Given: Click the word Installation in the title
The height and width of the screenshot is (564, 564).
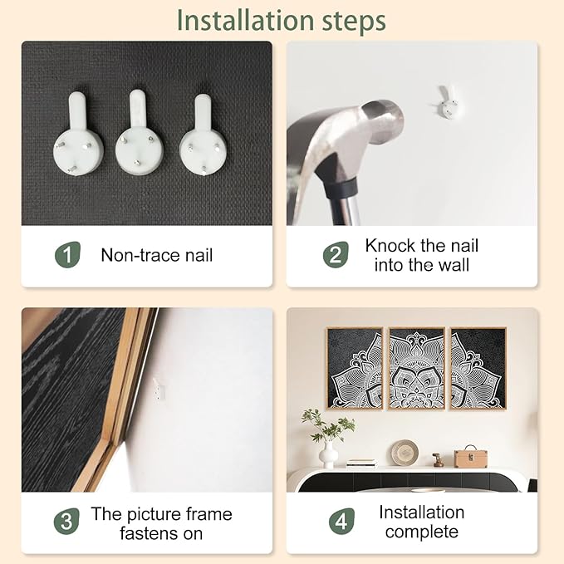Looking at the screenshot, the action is click(x=246, y=21).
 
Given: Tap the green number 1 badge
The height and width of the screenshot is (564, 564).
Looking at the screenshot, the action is click(x=67, y=255).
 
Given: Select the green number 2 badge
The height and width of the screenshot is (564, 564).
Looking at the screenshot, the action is click(x=336, y=255).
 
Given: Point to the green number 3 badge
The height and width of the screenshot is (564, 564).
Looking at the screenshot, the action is click(x=66, y=521).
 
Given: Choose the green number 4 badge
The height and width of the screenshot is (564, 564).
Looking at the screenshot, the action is click(x=341, y=521).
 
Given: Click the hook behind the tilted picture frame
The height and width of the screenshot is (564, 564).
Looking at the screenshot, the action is click(x=159, y=390).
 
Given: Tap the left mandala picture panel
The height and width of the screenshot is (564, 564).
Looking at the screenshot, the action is click(x=355, y=368).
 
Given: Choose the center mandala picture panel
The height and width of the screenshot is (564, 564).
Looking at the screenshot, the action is click(x=417, y=368).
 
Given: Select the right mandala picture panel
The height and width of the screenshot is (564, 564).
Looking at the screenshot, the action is click(x=478, y=368).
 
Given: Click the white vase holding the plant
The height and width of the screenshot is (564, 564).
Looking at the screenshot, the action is click(x=328, y=455).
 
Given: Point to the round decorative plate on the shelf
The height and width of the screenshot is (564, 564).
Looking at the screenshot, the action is click(x=405, y=453).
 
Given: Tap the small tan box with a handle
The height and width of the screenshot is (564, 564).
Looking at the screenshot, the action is click(x=470, y=458).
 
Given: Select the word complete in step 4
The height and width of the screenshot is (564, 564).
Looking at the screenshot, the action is click(x=422, y=532).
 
